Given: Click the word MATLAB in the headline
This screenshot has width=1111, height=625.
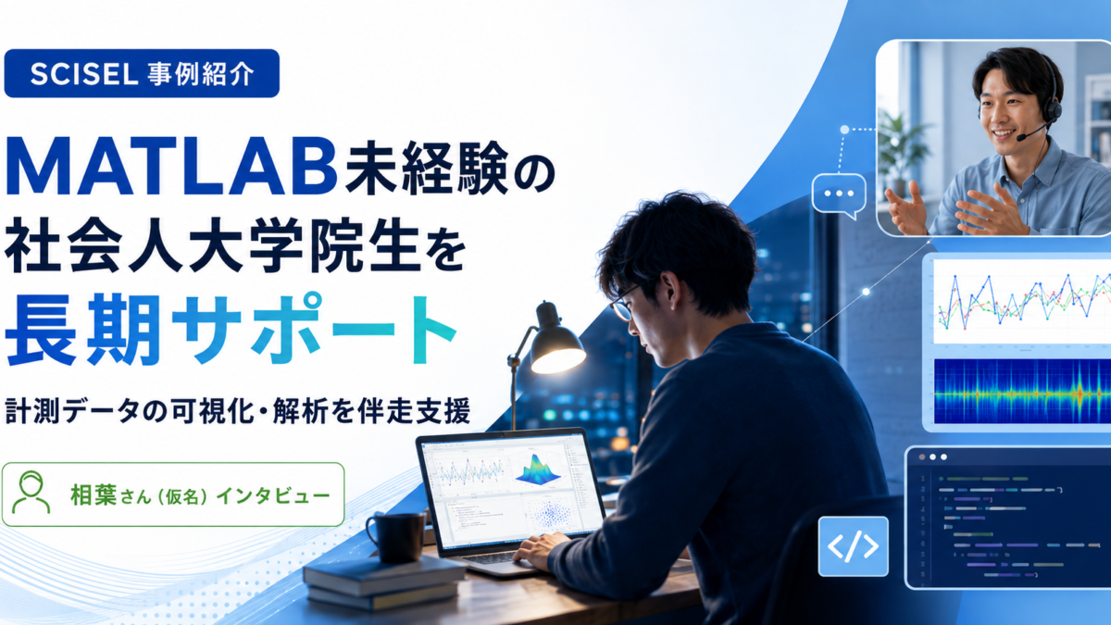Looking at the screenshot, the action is [171, 167].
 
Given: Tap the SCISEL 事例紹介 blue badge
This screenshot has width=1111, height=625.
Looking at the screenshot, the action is [142, 73].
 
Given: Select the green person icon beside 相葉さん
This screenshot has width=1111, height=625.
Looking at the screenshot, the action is [31, 493].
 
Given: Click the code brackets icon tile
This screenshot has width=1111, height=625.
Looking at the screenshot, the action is [853, 546].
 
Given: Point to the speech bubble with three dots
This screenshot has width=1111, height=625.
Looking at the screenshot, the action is [839, 195].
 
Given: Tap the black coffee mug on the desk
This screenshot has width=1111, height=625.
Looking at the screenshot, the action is [397, 537].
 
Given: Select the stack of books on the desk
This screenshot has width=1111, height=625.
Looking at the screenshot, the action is [384, 581].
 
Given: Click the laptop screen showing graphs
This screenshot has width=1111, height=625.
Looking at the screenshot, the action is [511, 490].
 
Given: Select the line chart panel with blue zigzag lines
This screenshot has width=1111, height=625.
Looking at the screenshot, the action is [1022, 302].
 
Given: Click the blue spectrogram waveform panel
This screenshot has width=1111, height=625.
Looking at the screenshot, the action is [1022, 391].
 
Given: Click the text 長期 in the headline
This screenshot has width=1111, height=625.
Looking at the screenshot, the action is [83, 329].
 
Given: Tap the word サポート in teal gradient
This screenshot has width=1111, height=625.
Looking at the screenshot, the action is [314, 328].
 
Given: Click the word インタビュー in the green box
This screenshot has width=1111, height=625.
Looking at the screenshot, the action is [273, 495].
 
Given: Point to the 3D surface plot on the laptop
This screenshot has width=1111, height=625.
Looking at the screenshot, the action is [538, 469].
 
